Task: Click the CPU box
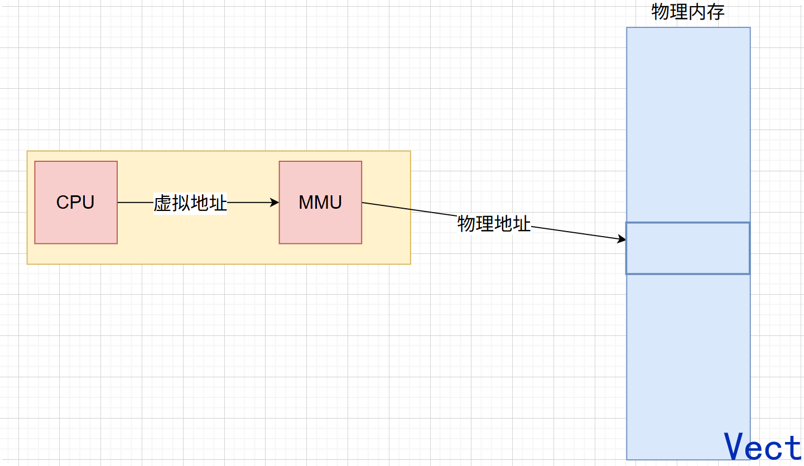click(76, 202)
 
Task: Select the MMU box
click(320, 202)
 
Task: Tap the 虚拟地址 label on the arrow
click(190, 203)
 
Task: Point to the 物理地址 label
click(494, 224)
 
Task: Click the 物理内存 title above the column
click(688, 12)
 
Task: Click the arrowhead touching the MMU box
click(275, 203)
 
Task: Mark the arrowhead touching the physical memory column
click(622, 239)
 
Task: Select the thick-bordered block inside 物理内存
click(687, 248)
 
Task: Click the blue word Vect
click(763, 446)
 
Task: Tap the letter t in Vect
click(793, 446)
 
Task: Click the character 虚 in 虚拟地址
click(162, 203)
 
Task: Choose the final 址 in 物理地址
click(522, 224)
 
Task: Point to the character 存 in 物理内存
click(716, 12)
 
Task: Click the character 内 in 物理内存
click(697, 12)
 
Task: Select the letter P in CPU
click(76, 202)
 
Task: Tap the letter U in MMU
click(335, 202)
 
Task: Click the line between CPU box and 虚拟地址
click(135, 203)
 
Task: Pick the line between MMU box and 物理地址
click(409, 210)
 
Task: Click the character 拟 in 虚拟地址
click(181, 203)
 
